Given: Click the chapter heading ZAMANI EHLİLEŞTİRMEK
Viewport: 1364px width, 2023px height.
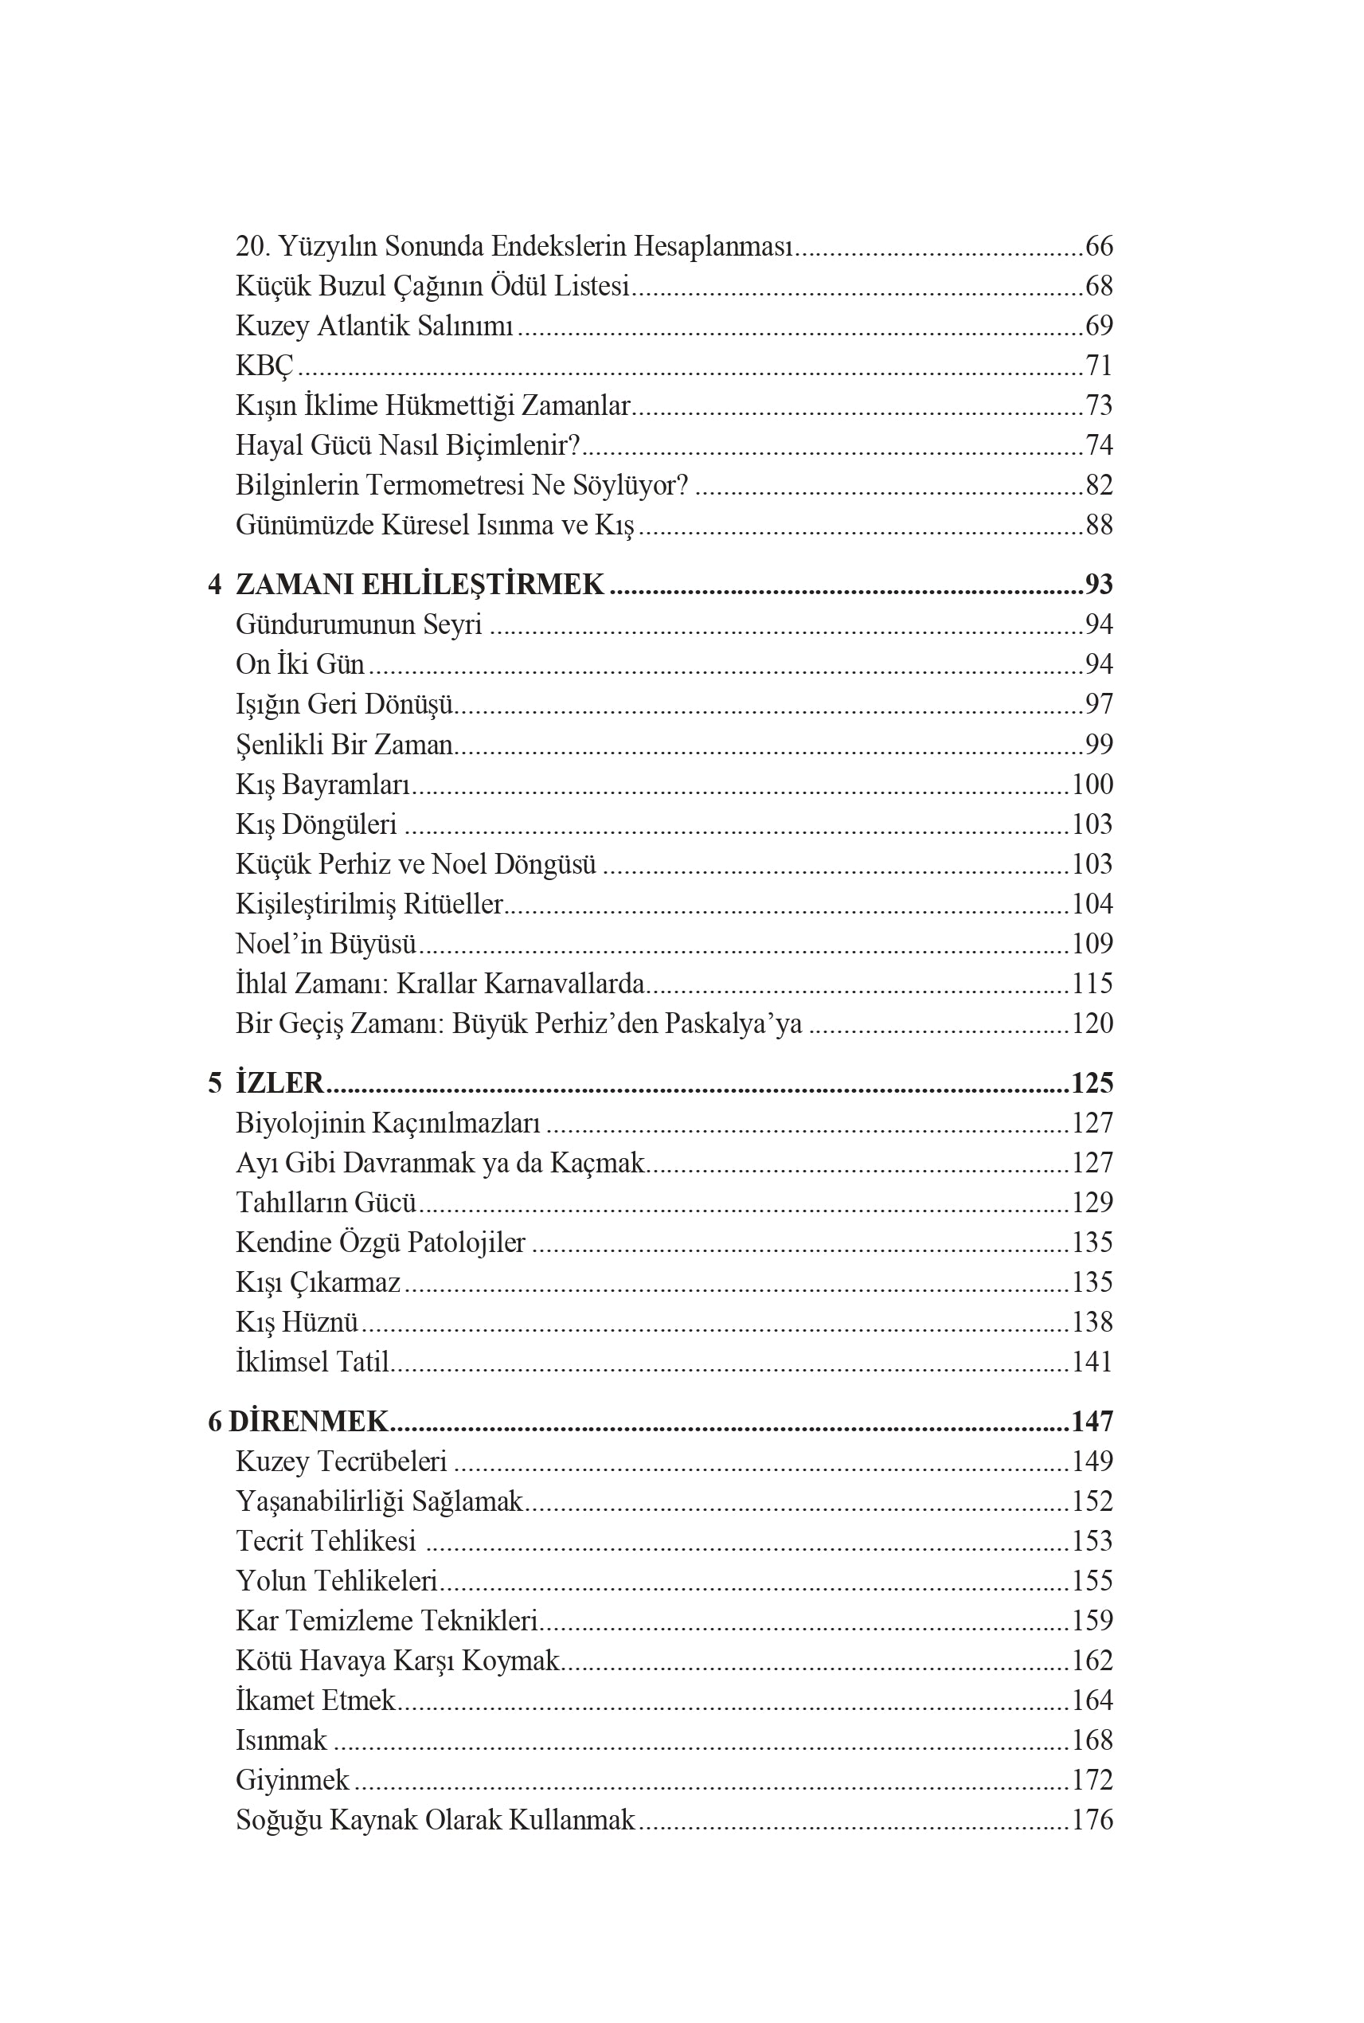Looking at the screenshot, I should coord(420,584).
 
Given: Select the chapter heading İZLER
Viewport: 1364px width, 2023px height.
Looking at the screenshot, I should coord(279,1082).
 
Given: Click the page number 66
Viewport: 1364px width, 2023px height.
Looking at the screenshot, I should coord(1099,246).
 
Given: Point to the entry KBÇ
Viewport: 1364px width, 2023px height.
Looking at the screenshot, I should coord(264,366).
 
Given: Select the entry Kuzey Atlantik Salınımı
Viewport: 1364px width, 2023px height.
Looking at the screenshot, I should coord(374,326).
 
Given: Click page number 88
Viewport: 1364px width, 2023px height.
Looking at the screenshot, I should coord(1099,525).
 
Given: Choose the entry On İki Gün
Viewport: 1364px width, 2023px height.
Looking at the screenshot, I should coord(300,664).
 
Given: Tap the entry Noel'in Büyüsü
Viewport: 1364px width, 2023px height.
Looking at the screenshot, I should coord(326,943).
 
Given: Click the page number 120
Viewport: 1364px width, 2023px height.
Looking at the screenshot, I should coord(1092,1023).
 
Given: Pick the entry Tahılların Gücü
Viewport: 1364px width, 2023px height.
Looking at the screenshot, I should coord(326,1202).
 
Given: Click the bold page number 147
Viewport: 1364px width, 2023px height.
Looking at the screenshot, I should coord(1092,1421).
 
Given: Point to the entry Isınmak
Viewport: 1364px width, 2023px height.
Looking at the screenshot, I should coord(281,1739).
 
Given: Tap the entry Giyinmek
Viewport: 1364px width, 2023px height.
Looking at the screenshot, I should coord(292,1779).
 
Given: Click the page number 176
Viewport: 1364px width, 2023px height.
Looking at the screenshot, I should coord(1092,1819).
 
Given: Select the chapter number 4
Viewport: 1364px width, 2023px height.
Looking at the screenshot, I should coord(215,584).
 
